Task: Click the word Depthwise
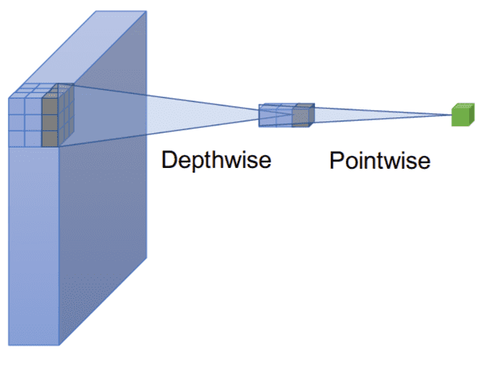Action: [x=216, y=160]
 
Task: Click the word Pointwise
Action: [x=379, y=161]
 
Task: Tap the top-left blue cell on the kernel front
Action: [x=15, y=105]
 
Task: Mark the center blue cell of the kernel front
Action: [x=32, y=121]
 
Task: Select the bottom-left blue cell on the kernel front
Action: [x=15, y=137]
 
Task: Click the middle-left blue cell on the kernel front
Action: [x=15, y=121]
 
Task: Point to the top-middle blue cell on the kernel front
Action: [x=32, y=105]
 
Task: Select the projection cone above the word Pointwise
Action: [x=378, y=117]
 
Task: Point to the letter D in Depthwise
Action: [x=169, y=159]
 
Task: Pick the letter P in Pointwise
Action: [x=337, y=161]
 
